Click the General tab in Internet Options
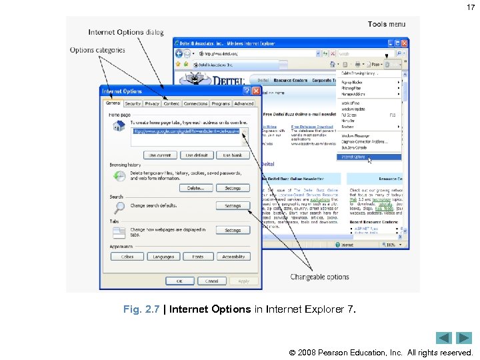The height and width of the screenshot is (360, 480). tap(113, 103)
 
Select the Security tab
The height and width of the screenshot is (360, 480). tap(133, 103)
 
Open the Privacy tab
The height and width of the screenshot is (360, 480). tap(152, 103)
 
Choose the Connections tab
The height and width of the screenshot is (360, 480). tap(195, 103)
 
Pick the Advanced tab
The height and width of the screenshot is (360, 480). tap(244, 103)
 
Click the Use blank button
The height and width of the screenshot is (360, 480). tap(233, 155)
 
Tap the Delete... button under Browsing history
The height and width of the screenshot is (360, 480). tap(195, 188)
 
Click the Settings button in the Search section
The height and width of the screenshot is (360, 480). tap(233, 206)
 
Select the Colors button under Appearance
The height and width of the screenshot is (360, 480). tap(127, 256)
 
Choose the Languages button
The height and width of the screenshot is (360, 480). tap(163, 256)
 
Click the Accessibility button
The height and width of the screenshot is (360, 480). tap(233, 256)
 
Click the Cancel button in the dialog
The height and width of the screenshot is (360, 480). tap(212, 281)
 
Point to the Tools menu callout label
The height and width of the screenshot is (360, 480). tap(386, 25)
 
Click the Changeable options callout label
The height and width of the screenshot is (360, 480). tap(319, 277)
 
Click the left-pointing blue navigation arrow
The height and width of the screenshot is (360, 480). tap(444, 338)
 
